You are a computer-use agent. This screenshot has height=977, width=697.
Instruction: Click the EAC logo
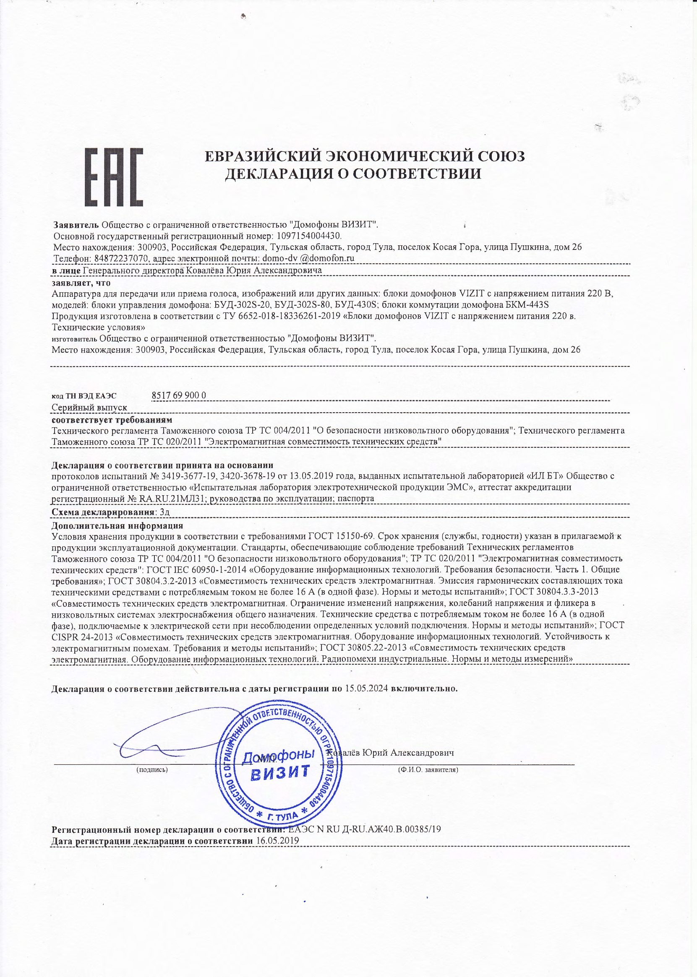point(114,177)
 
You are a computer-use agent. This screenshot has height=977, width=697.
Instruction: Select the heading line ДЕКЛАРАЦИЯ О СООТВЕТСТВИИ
point(353,174)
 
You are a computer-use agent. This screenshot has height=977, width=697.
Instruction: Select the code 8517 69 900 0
point(179,395)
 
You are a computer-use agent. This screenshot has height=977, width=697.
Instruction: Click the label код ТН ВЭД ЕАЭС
point(84,396)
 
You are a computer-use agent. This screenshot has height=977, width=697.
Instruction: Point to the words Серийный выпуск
point(89,407)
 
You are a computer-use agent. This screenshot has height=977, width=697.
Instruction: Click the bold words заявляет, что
point(81,283)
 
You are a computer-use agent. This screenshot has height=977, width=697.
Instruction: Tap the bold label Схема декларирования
point(103,512)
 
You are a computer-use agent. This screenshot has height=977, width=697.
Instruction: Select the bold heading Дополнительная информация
point(117,525)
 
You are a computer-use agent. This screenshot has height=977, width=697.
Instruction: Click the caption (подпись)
point(152,770)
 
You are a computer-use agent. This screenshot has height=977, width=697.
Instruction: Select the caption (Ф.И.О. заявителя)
point(428,770)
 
